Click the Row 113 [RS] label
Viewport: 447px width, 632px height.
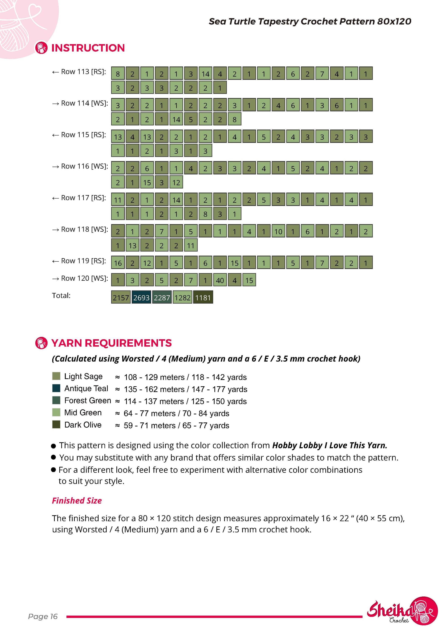(79, 72)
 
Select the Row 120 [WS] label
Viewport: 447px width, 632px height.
(80, 279)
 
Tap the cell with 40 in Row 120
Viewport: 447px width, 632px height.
(220, 280)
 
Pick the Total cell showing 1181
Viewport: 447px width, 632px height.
(203, 297)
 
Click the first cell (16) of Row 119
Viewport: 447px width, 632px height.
(118, 263)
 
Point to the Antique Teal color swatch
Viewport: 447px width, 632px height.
(56, 388)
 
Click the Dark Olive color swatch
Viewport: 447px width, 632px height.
(56, 424)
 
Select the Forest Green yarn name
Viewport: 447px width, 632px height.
(88, 400)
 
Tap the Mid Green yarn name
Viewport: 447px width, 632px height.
(83, 413)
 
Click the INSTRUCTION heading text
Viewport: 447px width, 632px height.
(88, 48)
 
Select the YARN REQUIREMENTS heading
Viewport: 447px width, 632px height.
(111, 343)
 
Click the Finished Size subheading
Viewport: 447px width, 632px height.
(77, 500)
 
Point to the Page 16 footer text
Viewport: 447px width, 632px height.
(43, 616)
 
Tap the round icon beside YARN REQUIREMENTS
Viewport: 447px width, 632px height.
(41, 343)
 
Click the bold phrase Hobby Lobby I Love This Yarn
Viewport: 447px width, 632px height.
(330, 445)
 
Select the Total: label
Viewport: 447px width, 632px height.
(61, 296)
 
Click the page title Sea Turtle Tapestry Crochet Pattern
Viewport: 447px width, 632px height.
(292, 21)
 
